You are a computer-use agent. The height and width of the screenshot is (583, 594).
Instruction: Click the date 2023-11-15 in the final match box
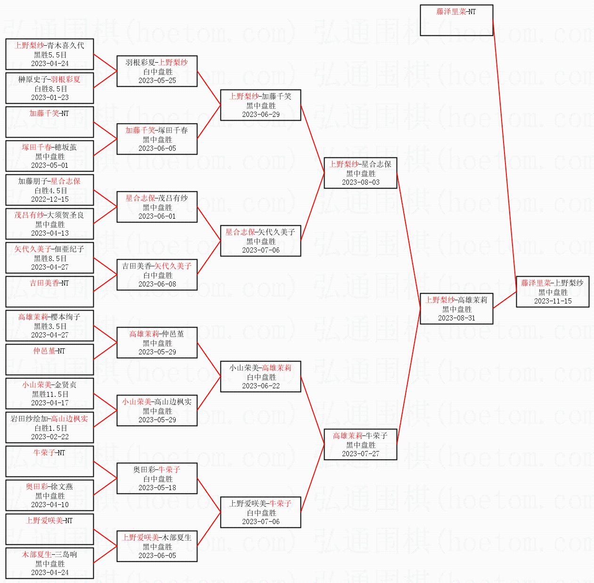click(x=553, y=301)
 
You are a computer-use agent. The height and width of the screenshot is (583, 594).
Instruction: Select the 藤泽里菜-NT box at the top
click(x=456, y=20)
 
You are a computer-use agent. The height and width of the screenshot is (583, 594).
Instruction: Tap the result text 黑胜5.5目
click(x=50, y=55)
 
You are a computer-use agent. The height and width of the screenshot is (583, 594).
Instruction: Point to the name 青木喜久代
click(x=65, y=46)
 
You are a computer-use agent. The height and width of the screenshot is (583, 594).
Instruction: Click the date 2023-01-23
click(x=50, y=98)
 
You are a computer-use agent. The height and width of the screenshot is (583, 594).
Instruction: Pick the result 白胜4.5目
click(x=50, y=191)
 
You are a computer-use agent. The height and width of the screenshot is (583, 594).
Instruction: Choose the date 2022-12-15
click(x=50, y=199)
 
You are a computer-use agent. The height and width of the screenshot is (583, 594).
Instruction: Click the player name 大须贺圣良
click(x=65, y=215)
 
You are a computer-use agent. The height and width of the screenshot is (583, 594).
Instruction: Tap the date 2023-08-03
click(x=360, y=182)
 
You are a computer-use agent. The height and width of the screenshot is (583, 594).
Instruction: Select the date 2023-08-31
click(x=456, y=318)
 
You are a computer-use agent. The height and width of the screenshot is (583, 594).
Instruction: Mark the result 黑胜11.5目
click(x=50, y=394)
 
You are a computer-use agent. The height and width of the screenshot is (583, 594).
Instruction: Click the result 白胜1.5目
click(x=50, y=428)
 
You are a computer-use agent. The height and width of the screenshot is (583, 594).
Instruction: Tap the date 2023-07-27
click(x=360, y=454)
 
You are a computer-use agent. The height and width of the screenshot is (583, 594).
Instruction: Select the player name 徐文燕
click(x=62, y=487)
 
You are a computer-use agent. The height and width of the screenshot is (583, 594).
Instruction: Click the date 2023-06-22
click(x=260, y=386)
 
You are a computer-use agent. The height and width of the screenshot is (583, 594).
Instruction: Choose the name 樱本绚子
click(x=65, y=317)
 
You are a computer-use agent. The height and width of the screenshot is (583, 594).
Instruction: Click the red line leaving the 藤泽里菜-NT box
click(x=504, y=156)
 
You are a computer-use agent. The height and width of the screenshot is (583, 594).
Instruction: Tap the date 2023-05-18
click(x=157, y=488)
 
